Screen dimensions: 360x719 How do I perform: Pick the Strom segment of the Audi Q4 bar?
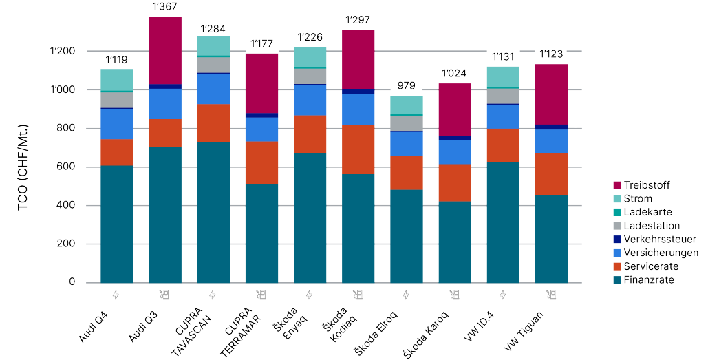coord(117,79)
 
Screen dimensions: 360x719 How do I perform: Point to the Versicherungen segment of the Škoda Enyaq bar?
coord(310,100)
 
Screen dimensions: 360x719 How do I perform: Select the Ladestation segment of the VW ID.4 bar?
coord(502,96)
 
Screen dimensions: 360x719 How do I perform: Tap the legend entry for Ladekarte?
coord(647,212)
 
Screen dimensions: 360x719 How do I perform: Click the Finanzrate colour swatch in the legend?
coord(617,279)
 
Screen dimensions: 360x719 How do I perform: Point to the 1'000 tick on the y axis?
coord(63,90)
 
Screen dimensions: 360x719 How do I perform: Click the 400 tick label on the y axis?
coord(67,206)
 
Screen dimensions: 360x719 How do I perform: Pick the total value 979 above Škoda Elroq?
coord(406,85)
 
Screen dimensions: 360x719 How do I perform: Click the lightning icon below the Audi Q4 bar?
coord(116,295)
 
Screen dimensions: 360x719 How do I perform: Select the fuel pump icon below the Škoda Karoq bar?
coord(454,295)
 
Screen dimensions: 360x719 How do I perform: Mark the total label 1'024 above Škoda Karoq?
coord(454,73)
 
